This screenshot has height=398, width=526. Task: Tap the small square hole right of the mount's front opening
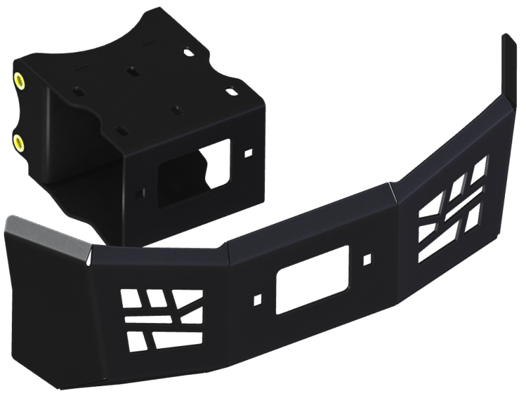coord(248,152)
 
